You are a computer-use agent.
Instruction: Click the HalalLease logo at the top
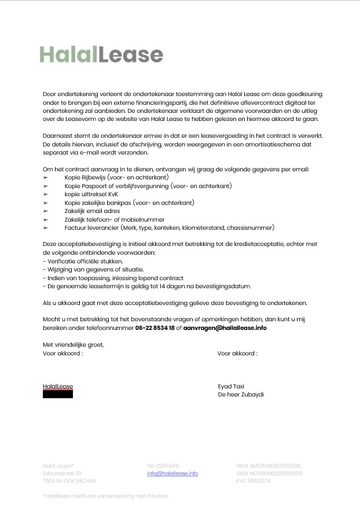(101, 54)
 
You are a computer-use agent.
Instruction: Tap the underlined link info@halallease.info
(172, 473)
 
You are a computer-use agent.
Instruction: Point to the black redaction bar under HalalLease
(58, 395)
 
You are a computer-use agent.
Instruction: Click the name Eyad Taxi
(231, 386)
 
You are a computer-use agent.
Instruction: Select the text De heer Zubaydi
(241, 394)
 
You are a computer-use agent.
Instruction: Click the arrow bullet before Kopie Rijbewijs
(46, 178)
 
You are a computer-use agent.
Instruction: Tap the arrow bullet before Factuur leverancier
(46, 229)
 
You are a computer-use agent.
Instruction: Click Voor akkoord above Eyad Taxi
(237, 353)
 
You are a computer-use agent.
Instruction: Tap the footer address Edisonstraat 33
(58, 473)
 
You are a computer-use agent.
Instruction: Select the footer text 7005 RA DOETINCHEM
(69, 481)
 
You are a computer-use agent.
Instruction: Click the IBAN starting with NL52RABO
(268, 465)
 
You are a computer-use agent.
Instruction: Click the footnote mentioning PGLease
(105, 496)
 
